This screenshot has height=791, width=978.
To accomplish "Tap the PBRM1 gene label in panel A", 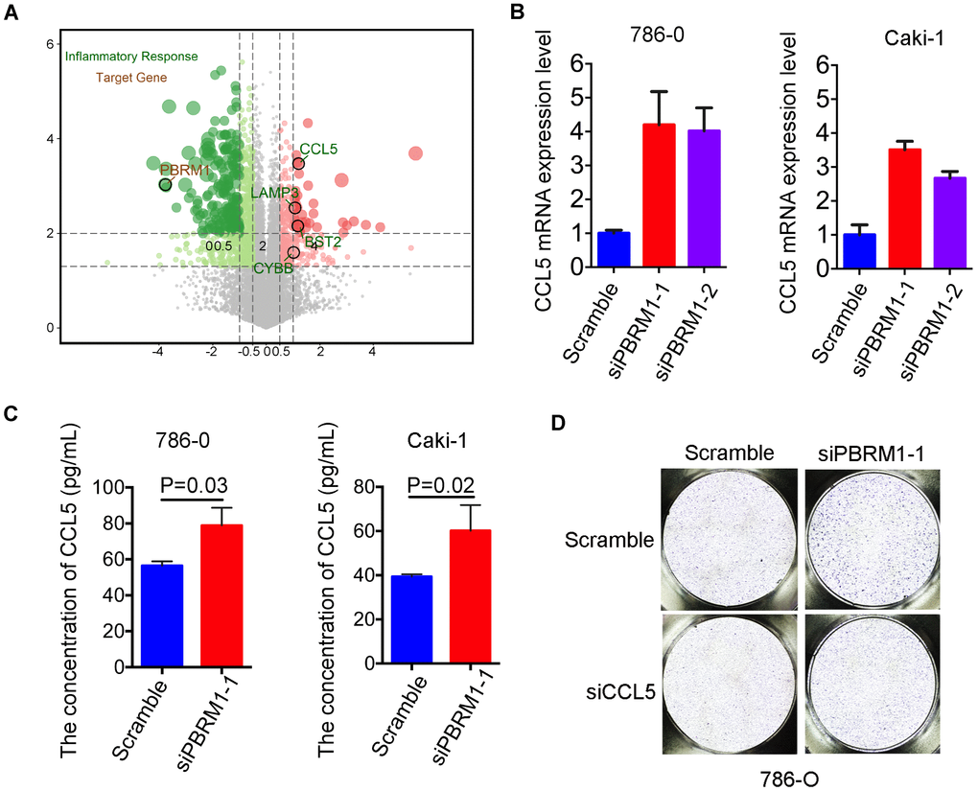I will point(185,170).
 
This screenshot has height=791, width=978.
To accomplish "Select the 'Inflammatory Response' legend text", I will point(131,57).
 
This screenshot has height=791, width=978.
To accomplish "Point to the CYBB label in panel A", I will point(273,268).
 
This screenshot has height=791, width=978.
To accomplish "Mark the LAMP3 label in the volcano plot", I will point(269,193).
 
